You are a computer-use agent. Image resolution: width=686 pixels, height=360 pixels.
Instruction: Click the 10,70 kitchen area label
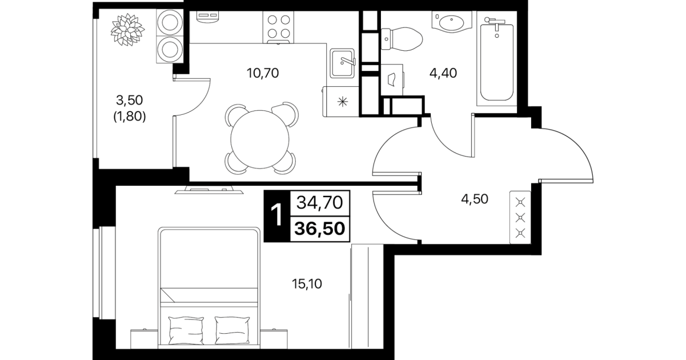(x=262, y=73)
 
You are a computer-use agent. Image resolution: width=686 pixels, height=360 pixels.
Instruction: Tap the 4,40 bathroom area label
(x=443, y=73)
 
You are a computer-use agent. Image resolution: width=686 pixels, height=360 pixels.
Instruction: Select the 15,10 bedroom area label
(x=307, y=284)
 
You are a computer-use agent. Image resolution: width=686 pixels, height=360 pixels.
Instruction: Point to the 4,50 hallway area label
(x=475, y=199)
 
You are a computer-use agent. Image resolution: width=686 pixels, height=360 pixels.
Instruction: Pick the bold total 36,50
(x=320, y=229)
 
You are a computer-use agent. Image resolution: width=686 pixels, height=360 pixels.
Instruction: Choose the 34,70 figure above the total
(x=320, y=202)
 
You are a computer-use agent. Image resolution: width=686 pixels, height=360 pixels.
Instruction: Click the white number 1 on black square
(x=277, y=215)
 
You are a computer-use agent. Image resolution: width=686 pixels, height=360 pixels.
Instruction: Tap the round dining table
(x=260, y=139)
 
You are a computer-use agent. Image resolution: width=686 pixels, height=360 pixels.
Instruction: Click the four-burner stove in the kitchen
(x=278, y=27)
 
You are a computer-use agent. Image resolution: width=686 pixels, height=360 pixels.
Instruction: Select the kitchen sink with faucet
(x=342, y=63)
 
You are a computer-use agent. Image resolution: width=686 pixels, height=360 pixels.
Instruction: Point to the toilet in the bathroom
(x=402, y=39)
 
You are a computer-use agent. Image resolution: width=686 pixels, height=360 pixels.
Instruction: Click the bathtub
(x=496, y=62)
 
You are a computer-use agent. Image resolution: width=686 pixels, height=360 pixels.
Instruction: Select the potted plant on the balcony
(x=128, y=30)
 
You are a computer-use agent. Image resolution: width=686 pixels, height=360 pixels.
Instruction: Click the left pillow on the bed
(x=186, y=331)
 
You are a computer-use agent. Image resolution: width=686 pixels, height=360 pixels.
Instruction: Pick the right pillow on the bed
(x=232, y=331)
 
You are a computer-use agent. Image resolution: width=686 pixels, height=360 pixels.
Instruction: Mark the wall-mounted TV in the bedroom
(x=209, y=190)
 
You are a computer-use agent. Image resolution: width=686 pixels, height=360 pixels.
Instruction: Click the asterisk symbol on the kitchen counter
(x=343, y=101)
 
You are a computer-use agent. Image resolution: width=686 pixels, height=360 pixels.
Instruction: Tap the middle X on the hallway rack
(x=520, y=218)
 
